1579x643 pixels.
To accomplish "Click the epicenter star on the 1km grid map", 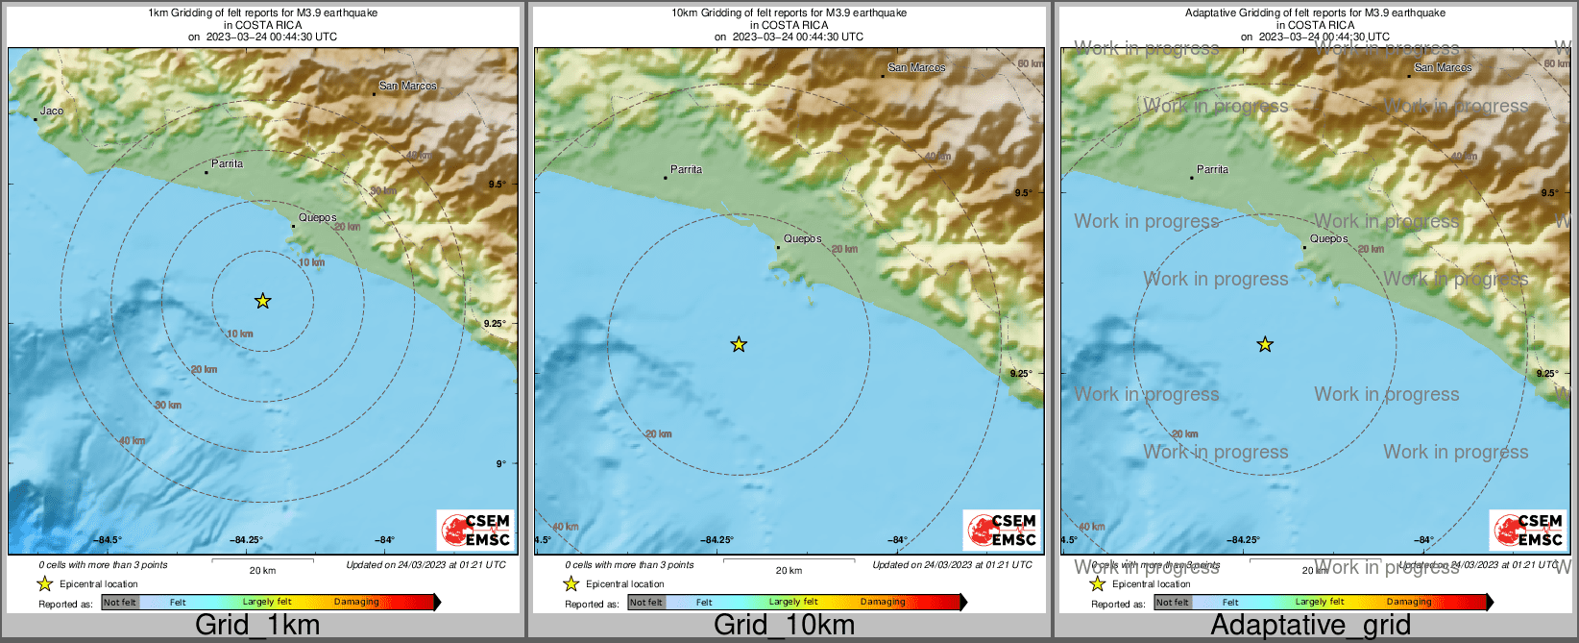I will pyautogui.click(x=263, y=302).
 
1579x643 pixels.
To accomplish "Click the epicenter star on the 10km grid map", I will pyautogui.click(x=739, y=344).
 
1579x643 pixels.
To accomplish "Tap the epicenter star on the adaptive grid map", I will pyautogui.click(x=1265, y=344).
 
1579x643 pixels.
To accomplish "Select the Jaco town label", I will pyautogui.click(x=52, y=111).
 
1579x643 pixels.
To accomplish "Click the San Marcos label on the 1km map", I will pyautogui.click(x=407, y=86).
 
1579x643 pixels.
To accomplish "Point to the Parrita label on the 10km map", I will pyautogui.click(x=686, y=169).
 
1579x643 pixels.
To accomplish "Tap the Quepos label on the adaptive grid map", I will pyautogui.click(x=1329, y=238).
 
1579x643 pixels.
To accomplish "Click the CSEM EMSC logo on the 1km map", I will pyautogui.click(x=475, y=531).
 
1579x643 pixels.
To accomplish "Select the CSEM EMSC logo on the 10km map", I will pyautogui.click(x=1002, y=531).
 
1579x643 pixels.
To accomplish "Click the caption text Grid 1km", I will pyautogui.click(x=257, y=625).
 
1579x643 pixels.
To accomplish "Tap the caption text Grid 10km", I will pyautogui.click(x=784, y=625).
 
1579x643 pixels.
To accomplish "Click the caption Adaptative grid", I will pyautogui.click(x=1310, y=625).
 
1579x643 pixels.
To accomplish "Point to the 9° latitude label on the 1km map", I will pyautogui.click(x=500, y=463).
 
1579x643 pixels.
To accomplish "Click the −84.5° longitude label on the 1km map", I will pyautogui.click(x=108, y=540).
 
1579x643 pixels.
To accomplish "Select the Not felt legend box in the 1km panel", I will pyautogui.click(x=120, y=603).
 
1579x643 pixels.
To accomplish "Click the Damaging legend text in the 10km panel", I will pyautogui.click(x=882, y=602).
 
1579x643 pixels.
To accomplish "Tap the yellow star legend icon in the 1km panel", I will pyautogui.click(x=44, y=584).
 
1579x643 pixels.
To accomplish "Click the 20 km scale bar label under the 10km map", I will pyautogui.click(x=789, y=571).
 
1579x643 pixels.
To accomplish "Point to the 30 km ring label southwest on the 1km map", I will pyautogui.click(x=168, y=406).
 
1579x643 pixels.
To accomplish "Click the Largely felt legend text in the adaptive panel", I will pyautogui.click(x=1319, y=602).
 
